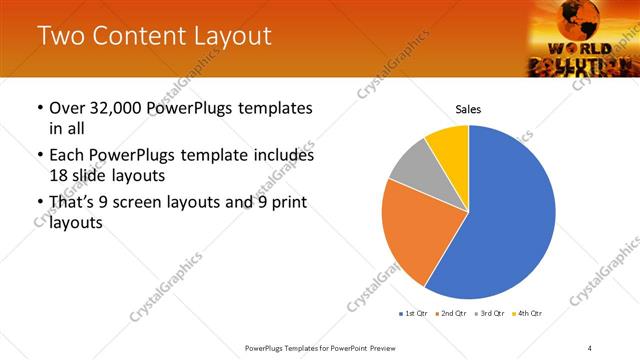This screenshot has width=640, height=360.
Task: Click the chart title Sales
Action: coord(468,108)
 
